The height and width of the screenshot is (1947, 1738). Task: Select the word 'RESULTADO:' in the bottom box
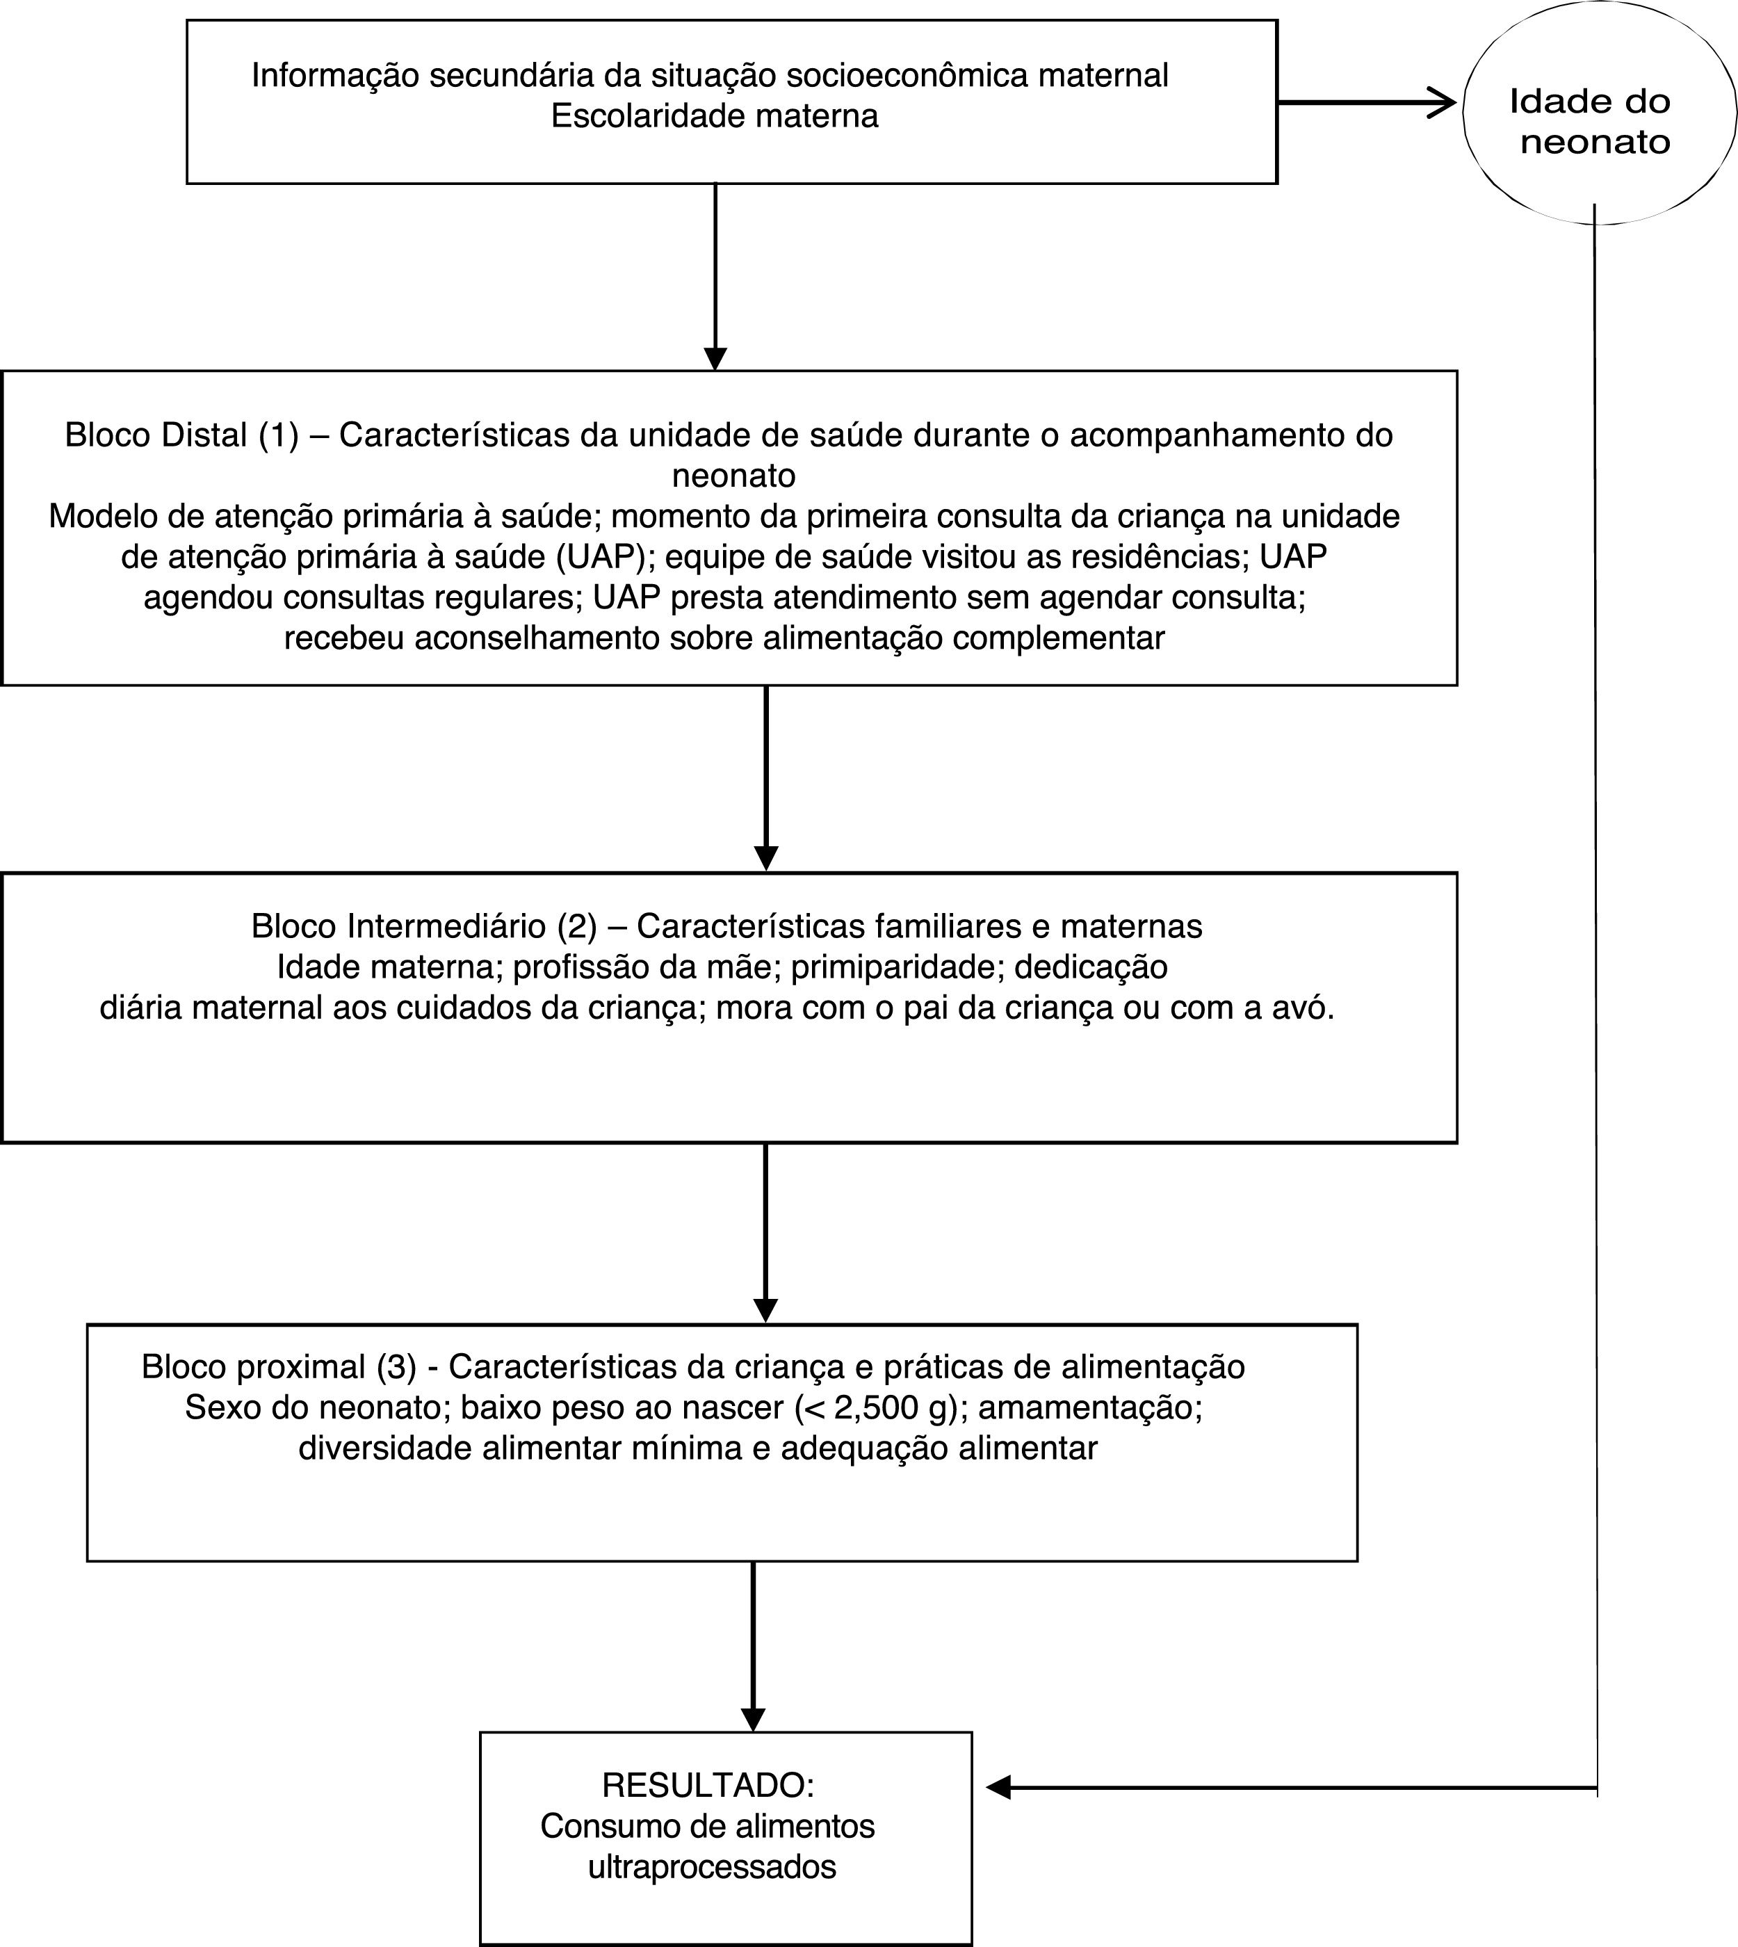coord(708,1784)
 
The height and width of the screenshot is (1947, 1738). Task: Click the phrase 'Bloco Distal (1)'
coord(181,435)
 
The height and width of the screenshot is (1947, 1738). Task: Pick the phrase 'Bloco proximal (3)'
coord(279,1367)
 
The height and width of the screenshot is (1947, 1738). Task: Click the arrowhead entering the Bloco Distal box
coord(714,359)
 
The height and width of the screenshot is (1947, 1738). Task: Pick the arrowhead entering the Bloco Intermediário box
coord(766,858)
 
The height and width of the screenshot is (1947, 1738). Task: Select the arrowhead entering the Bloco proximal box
coord(766,1311)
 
